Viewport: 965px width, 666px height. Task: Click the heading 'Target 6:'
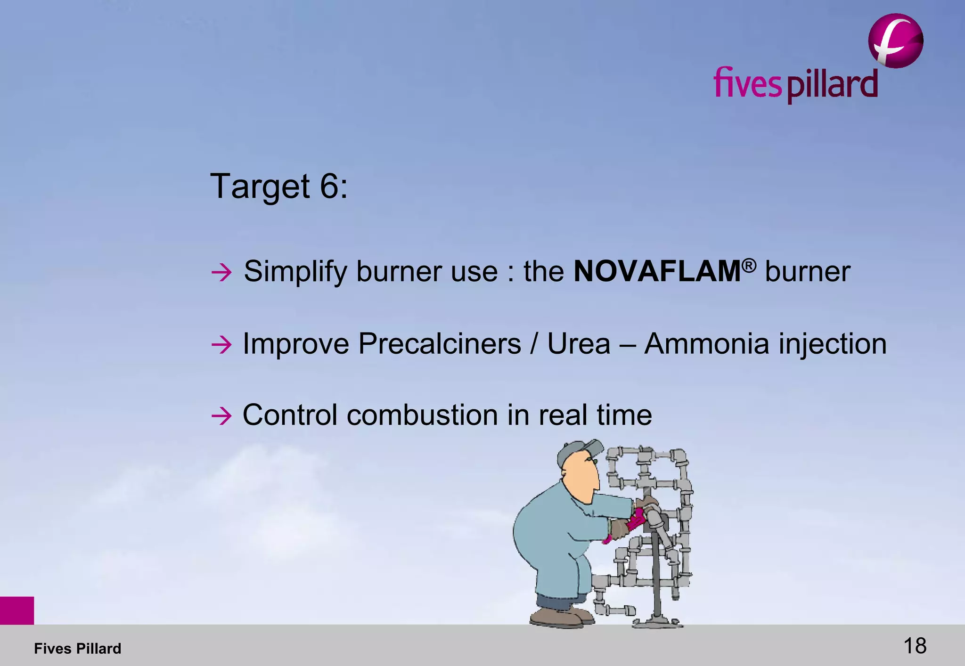[x=279, y=187]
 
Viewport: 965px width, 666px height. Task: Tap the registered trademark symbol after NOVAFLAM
[x=749, y=265]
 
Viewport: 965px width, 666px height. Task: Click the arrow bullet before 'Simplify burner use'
[x=221, y=273]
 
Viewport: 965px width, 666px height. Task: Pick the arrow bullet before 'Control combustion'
[x=221, y=416]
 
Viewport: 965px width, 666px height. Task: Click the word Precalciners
[x=439, y=344]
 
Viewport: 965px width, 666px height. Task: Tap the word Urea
[x=579, y=344]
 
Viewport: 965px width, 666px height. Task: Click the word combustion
[x=422, y=415]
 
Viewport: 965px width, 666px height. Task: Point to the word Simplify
[x=295, y=272]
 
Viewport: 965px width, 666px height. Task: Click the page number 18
[x=915, y=646]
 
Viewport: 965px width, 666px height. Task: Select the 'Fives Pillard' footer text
[x=78, y=649]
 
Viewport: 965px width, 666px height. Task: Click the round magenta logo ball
[x=895, y=41]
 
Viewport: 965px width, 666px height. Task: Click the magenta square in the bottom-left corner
[x=17, y=610]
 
